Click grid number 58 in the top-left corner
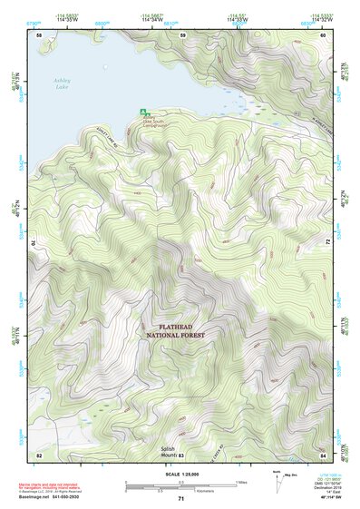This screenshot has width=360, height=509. click(39, 35)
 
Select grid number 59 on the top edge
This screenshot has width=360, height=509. click(182, 35)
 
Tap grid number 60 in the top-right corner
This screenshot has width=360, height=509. click(323, 35)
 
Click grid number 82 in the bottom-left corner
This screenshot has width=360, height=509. click(39, 454)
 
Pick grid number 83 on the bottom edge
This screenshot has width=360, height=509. click(181, 454)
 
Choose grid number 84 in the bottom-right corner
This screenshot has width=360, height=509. click(323, 454)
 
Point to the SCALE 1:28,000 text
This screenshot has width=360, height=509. click(180, 473)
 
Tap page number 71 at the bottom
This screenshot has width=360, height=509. click(180, 500)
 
